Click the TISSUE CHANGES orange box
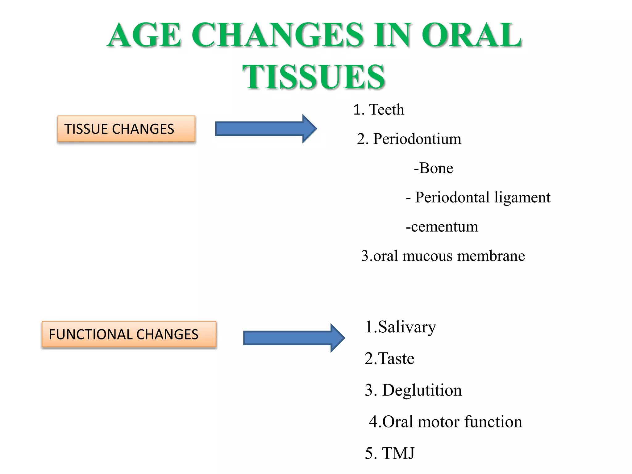(126, 129)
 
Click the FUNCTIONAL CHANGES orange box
(129, 335)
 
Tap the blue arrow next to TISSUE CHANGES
(265, 129)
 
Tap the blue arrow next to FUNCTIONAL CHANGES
(293, 338)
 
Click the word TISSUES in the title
(314, 77)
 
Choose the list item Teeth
(386, 110)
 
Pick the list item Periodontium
(417, 139)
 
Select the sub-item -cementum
(442, 227)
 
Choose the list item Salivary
(407, 327)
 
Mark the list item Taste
(396, 359)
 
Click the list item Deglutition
(422, 390)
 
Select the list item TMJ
(398, 453)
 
